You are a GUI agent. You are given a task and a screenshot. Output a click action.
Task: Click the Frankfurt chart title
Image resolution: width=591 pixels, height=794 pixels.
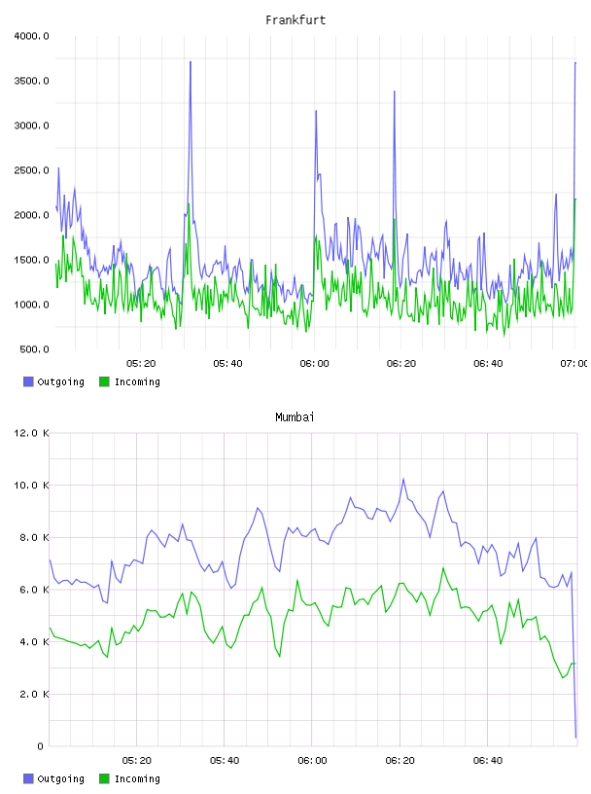(x=295, y=20)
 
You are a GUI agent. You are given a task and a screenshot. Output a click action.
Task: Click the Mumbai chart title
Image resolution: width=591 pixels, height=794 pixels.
(x=295, y=417)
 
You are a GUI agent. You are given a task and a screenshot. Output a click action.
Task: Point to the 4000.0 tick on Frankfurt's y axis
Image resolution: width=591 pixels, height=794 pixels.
(x=31, y=36)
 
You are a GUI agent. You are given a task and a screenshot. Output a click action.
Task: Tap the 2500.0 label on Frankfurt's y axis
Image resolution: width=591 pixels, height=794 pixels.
(x=31, y=170)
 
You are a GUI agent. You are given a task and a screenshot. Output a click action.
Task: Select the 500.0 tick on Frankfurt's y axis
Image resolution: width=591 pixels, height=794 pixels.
(x=34, y=349)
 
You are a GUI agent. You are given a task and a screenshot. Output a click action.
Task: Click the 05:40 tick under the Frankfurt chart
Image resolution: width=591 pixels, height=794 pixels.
(x=227, y=364)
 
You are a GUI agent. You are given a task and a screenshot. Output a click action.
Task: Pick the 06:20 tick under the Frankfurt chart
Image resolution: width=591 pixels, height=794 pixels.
(x=401, y=364)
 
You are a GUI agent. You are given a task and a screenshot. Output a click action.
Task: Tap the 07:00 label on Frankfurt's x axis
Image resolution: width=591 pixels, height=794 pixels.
(x=574, y=364)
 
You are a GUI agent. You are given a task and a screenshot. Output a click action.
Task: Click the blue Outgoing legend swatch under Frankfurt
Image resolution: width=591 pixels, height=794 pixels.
(x=28, y=381)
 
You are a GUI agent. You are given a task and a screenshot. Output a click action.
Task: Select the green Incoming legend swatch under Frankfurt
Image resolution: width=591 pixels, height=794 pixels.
(x=104, y=381)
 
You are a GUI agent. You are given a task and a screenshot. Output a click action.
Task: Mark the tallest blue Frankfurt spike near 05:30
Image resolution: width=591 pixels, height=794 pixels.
(x=191, y=61)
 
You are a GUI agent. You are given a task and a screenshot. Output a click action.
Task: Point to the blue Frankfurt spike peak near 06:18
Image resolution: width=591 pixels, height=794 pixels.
(x=395, y=91)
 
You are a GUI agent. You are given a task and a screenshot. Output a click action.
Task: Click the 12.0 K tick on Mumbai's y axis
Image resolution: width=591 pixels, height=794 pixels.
(x=31, y=433)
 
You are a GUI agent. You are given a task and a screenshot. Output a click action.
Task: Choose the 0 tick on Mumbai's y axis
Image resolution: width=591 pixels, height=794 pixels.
(x=41, y=746)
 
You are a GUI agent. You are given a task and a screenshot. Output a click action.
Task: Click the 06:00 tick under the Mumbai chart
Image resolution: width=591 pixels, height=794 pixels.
(x=312, y=761)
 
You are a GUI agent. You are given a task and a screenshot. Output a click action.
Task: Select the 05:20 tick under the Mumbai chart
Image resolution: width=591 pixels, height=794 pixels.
(x=137, y=761)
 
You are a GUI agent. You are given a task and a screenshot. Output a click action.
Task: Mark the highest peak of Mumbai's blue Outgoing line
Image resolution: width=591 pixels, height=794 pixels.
(x=403, y=479)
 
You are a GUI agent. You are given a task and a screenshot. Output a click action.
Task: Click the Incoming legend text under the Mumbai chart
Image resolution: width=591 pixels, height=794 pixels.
(x=137, y=778)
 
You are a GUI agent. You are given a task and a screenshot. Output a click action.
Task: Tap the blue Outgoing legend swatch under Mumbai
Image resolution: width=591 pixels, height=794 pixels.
(x=28, y=778)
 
